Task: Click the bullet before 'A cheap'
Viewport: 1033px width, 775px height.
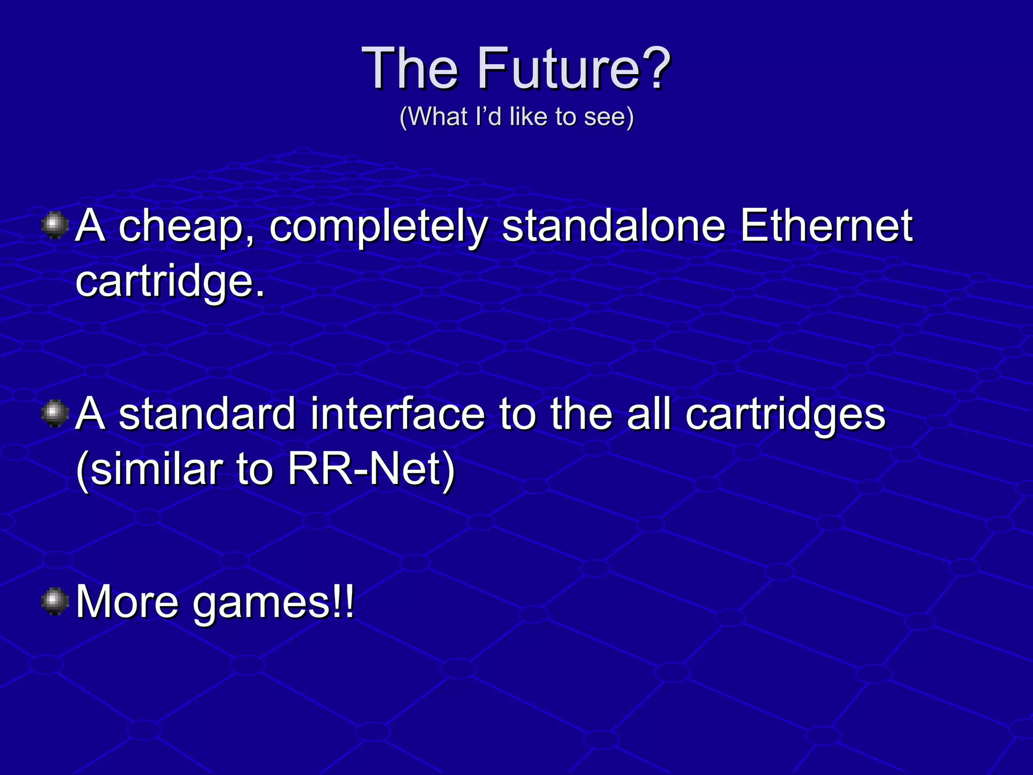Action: point(55,226)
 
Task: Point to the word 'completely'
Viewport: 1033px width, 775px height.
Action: point(378,227)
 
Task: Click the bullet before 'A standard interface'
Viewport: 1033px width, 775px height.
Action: point(55,414)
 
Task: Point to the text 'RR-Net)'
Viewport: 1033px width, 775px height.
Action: point(371,469)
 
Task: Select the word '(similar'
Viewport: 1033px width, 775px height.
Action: point(149,469)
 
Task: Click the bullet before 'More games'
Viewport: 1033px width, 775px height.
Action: point(55,601)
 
